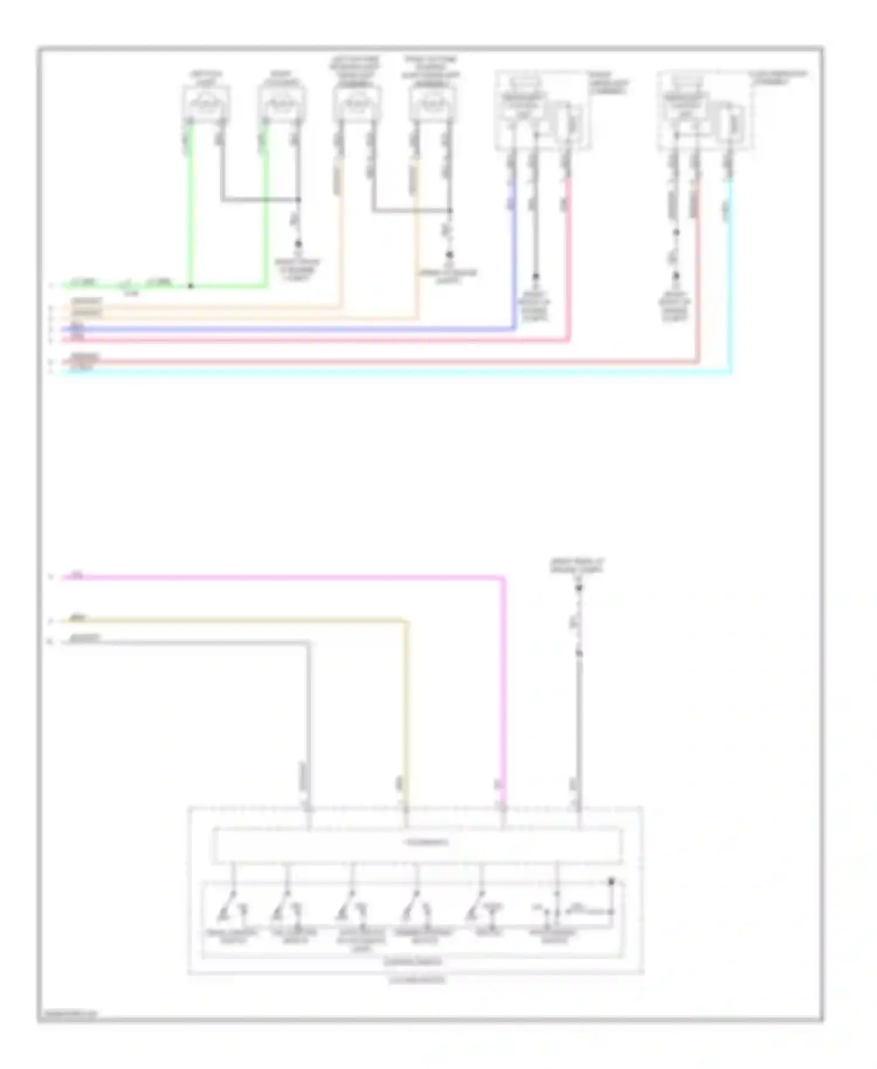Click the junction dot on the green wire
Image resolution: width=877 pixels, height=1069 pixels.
click(191, 287)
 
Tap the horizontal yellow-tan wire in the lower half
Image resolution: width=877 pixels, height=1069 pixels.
click(234, 620)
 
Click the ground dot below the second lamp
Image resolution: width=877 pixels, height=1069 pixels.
click(298, 243)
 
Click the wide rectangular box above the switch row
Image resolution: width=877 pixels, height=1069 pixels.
click(417, 844)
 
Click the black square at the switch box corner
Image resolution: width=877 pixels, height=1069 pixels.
click(612, 881)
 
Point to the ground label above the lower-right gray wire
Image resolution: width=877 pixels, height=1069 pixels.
click(577, 565)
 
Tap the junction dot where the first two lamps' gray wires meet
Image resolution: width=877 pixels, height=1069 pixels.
click(298, 200)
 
